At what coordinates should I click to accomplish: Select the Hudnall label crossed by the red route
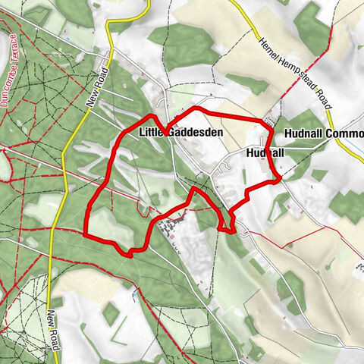tap(265, 152)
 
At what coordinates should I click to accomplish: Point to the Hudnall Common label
tap(323, 133)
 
